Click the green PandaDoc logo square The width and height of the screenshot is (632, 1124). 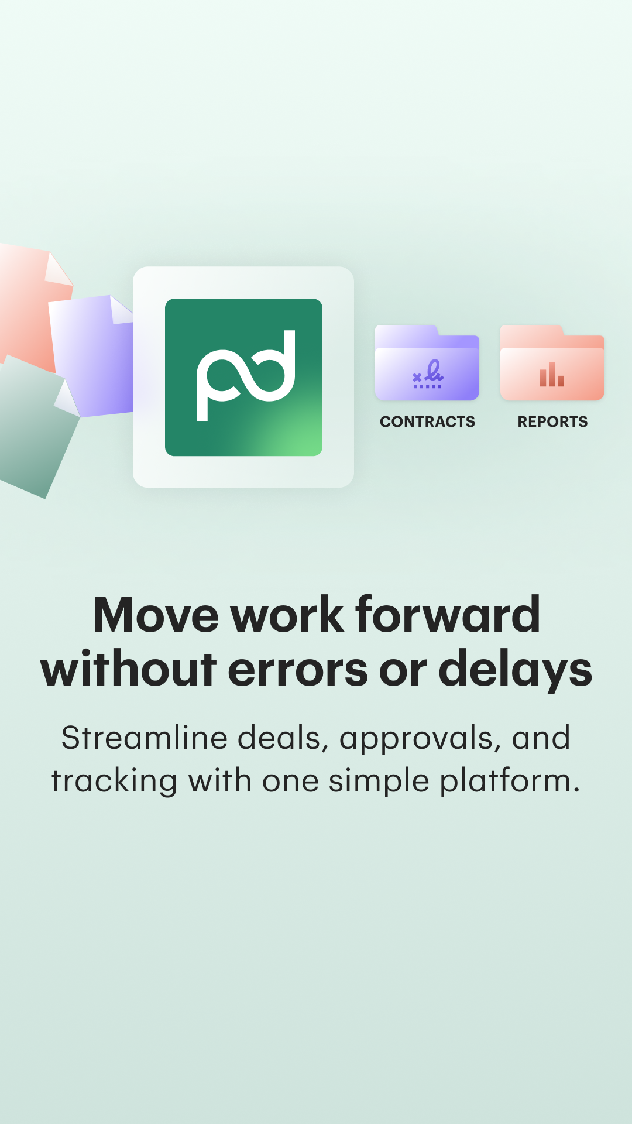(243, 377)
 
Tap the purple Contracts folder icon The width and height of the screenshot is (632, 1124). (427, 363)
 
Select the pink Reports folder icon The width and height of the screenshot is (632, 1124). (552, 363)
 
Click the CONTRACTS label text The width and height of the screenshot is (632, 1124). (427, 421)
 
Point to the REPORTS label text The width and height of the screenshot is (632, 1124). (552, 421)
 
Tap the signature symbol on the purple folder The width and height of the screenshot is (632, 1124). (428, 374)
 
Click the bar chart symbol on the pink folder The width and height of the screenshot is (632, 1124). (552, 374)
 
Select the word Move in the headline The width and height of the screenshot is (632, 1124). (156, 615)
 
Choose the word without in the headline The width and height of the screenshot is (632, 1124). (129, 668)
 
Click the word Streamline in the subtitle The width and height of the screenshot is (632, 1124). (145, 738)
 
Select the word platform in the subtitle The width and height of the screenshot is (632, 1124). (510, 783)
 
